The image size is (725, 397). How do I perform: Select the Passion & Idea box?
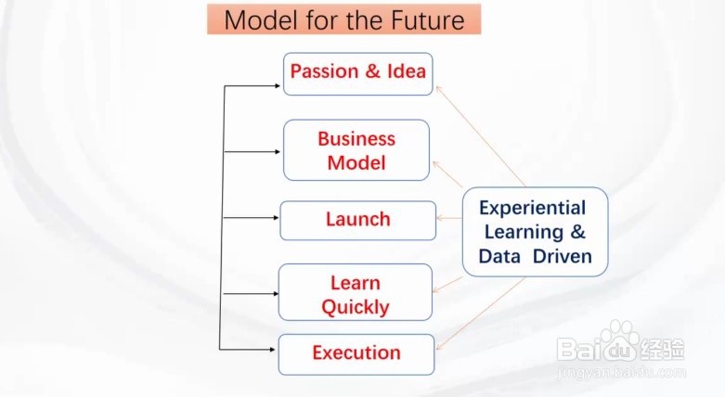coord(358,72)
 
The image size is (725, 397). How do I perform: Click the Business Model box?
coord(356,151)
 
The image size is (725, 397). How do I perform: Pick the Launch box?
coord(357,220)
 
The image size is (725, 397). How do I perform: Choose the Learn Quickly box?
coord(356,293)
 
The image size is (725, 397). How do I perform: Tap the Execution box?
coord(356,352)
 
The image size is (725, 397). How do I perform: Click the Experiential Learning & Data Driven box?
coord(535,232)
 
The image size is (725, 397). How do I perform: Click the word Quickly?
coord(356,307)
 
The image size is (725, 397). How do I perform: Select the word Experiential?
coord(532,208)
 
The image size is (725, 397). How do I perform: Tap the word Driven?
coord(563,257)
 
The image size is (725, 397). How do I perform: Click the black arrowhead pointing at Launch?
coord(276,220)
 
